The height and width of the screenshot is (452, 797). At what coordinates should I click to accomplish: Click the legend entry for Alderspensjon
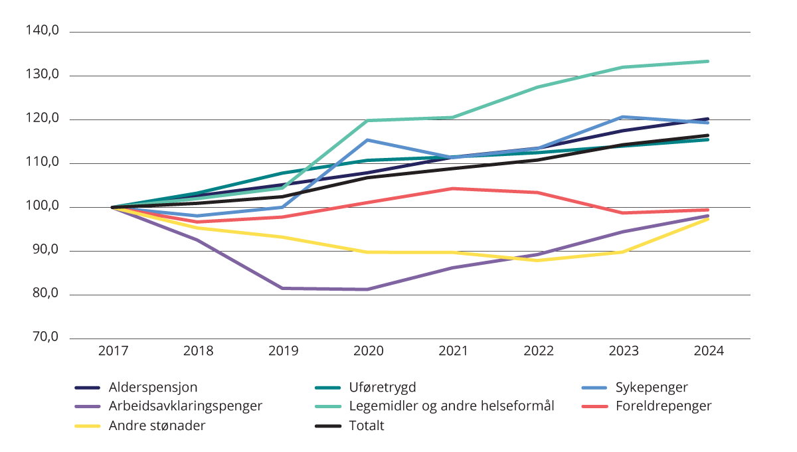[x=153, y=387]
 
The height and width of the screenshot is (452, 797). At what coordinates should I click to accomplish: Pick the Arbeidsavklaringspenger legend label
[x=186, y=406]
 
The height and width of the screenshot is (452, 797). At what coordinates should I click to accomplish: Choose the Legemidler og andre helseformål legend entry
[x=451, y=406]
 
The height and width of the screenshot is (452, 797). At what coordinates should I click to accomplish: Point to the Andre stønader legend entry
[x=157, y=425]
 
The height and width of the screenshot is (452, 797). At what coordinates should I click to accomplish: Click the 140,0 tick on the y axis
[x=43, y=31]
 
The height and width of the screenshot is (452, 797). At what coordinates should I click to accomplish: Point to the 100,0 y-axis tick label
[x=43, y=207]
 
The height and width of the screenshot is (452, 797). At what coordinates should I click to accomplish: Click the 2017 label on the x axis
[x=112, y=351]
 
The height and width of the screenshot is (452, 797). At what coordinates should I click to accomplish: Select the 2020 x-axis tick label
[x=368, y=351]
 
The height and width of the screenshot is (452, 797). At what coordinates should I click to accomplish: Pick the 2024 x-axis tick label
[x=709, y=351]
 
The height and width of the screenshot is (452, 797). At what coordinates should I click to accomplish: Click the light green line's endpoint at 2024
[x=709, y=61]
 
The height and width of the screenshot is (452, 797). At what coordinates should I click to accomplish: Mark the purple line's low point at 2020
[x=368, y=289]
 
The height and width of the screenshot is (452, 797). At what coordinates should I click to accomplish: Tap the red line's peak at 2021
[x=453, y=188]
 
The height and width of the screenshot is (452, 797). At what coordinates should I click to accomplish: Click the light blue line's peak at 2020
[x=368, y=140]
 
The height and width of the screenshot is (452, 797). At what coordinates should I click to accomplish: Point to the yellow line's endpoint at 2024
[x=709, y=218]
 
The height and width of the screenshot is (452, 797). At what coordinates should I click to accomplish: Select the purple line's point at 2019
[x=283, y=288]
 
